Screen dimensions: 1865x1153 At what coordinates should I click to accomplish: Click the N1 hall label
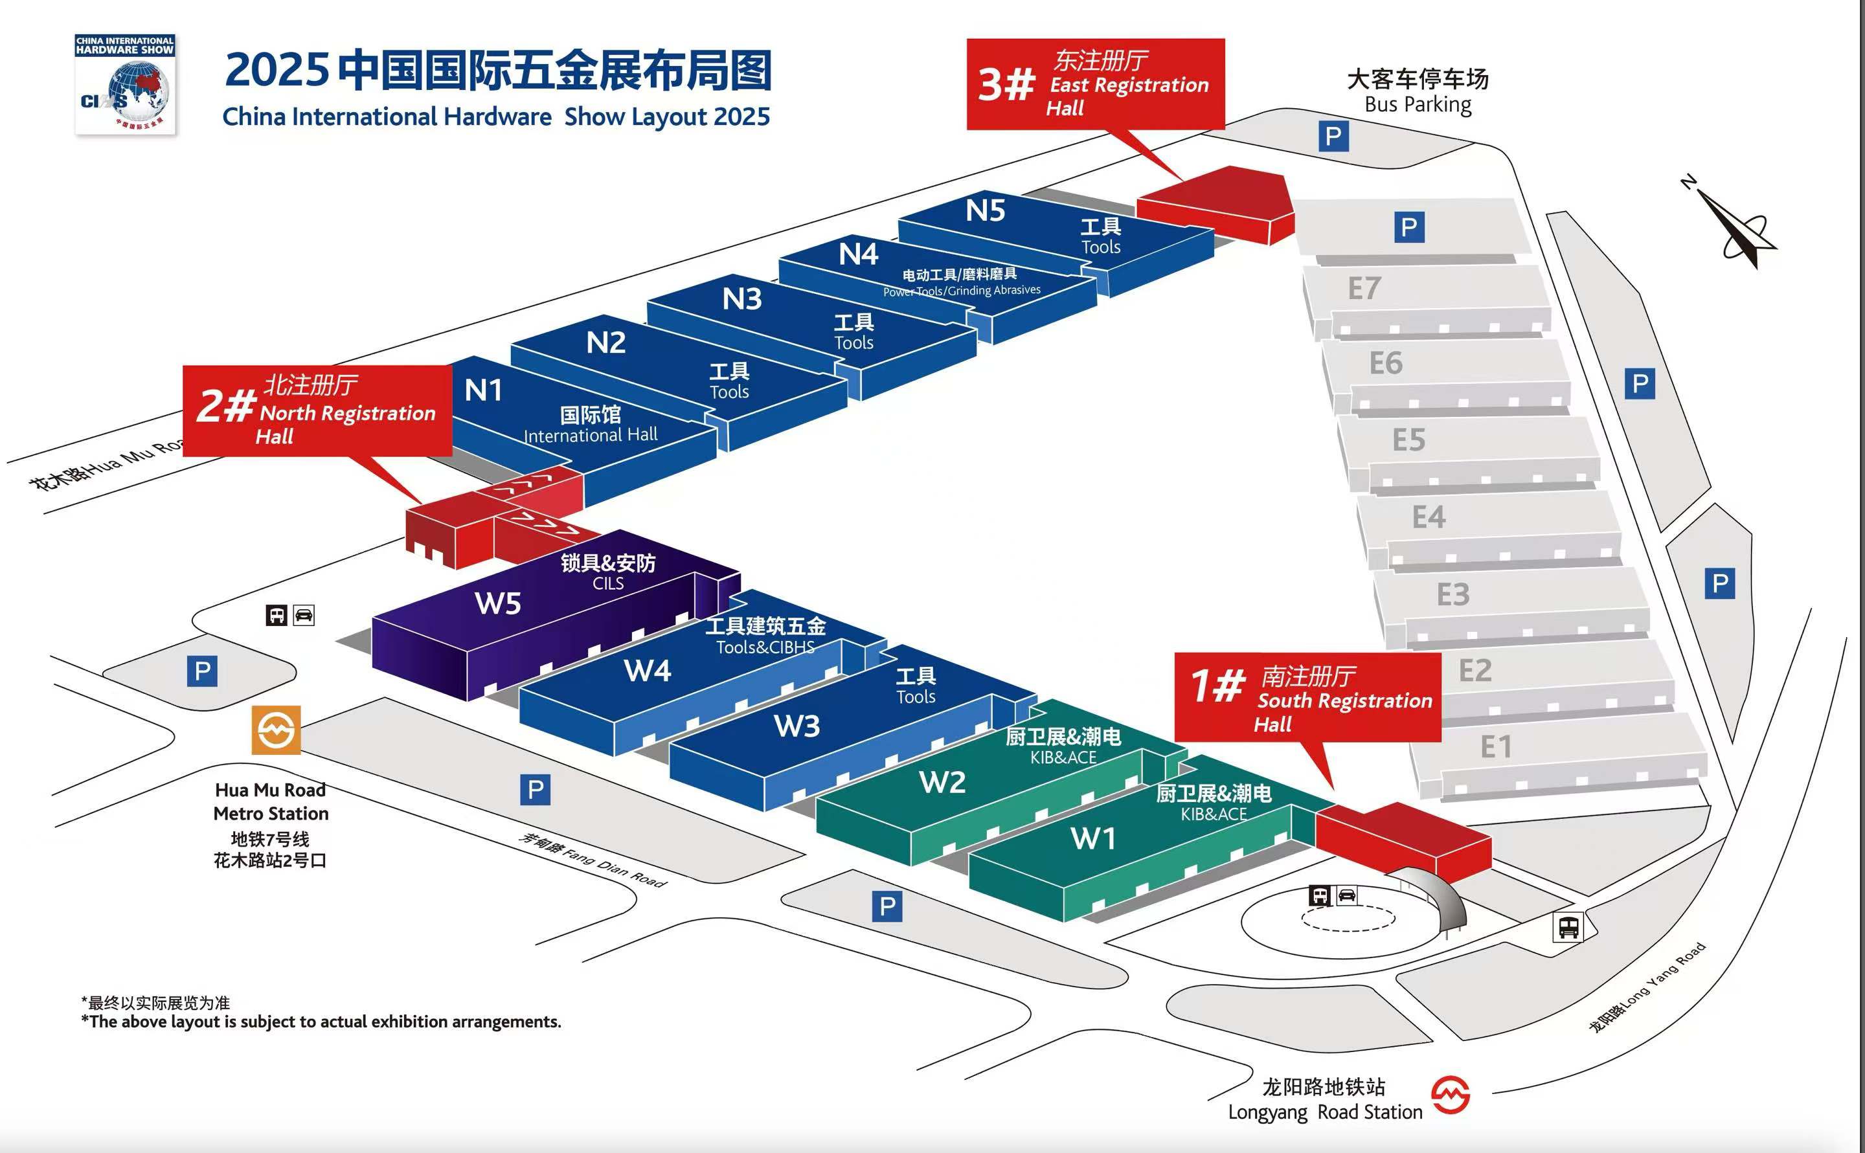(x=483, y=390)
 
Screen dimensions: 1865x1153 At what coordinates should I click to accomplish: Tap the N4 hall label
(x=858, y=254)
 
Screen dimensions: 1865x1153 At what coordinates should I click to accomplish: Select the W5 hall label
(x=498, y=603)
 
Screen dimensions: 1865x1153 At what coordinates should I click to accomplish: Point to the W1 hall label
(x=1093, y=839)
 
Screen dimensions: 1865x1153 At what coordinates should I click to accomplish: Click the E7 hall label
(x=1364, y=288)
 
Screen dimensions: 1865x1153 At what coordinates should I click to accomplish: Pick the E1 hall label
(x=1496, y=746)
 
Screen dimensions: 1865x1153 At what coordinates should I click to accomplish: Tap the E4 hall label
(x=1429, y=517)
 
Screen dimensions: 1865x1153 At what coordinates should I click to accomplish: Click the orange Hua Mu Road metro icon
(x=276, y=730)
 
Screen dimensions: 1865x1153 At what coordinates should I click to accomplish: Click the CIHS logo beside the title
(x=125, y=84)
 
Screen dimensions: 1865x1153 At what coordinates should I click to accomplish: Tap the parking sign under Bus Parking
(x=1333, y=137)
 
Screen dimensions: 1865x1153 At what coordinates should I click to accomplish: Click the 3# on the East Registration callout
(x=1007, y=84)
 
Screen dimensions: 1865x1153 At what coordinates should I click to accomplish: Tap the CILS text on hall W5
(x=608, y=583)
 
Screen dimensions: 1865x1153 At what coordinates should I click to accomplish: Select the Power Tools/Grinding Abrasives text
(x=962, y=291)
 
